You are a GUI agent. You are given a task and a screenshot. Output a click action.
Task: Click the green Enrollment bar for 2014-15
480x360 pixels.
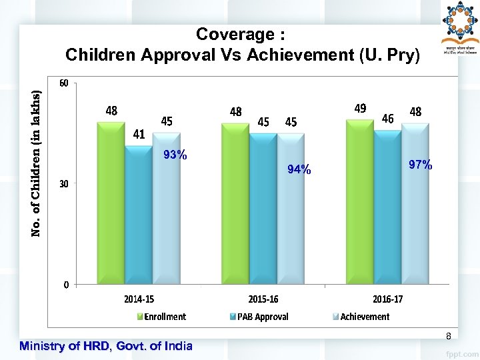pyautogui.click(x=111, y=203)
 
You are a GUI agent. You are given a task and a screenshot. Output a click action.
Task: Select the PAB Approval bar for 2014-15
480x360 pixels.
pyautogui.click(x=138, y=215)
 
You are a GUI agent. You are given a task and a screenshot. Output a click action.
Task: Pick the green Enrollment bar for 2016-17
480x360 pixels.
pyautogui.click(x=359, y=202)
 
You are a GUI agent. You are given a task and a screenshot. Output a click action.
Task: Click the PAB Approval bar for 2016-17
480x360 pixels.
pyautogui.click(x=386, y=207)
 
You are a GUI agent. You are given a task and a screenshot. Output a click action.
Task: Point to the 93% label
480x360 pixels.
pyautogui.click(x=175, y=155)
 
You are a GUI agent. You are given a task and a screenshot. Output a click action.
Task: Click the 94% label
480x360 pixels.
pyautogui.click(x=299, y=169)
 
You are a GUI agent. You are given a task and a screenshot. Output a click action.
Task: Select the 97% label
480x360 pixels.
pyautogui.click(x=421, y=164)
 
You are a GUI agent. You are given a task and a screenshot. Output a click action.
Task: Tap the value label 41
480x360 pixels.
pyautogui.click(x=139, y=134)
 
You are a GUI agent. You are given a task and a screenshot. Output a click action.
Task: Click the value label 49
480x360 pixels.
pyautogui.click(x=360, y=109)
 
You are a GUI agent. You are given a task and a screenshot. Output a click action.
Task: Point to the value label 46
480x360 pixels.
pyautogui.click(x=387, y=119)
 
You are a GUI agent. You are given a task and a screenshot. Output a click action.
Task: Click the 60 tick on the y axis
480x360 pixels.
pyautogui.click(x=64, y=83)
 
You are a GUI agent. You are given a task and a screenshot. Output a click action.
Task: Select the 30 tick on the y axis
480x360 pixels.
pyautogui.click(x=64, y=184)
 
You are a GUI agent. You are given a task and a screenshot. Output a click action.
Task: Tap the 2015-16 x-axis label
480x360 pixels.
pyautogui.click(x=263, y=299)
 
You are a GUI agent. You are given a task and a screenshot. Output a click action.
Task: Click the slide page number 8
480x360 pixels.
pyautogui.click(x=448, y=335)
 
